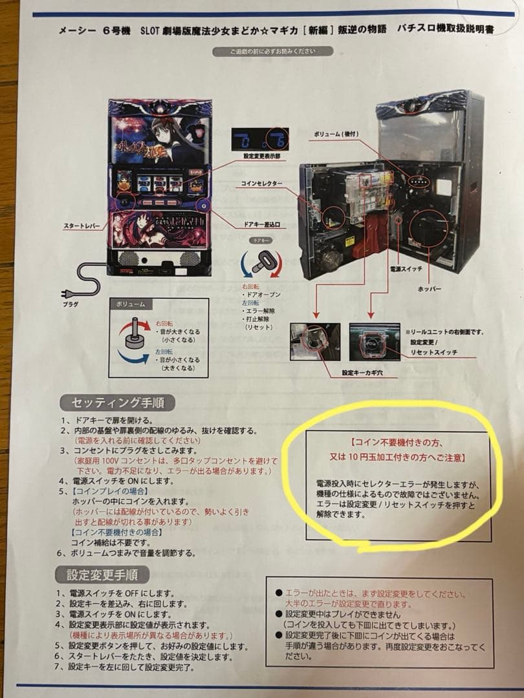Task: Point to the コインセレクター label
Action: coord(260,184)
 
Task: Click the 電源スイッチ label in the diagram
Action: coord(406,266)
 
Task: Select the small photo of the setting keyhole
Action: coord(315,343)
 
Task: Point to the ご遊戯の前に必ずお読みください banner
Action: coord(272,51)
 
